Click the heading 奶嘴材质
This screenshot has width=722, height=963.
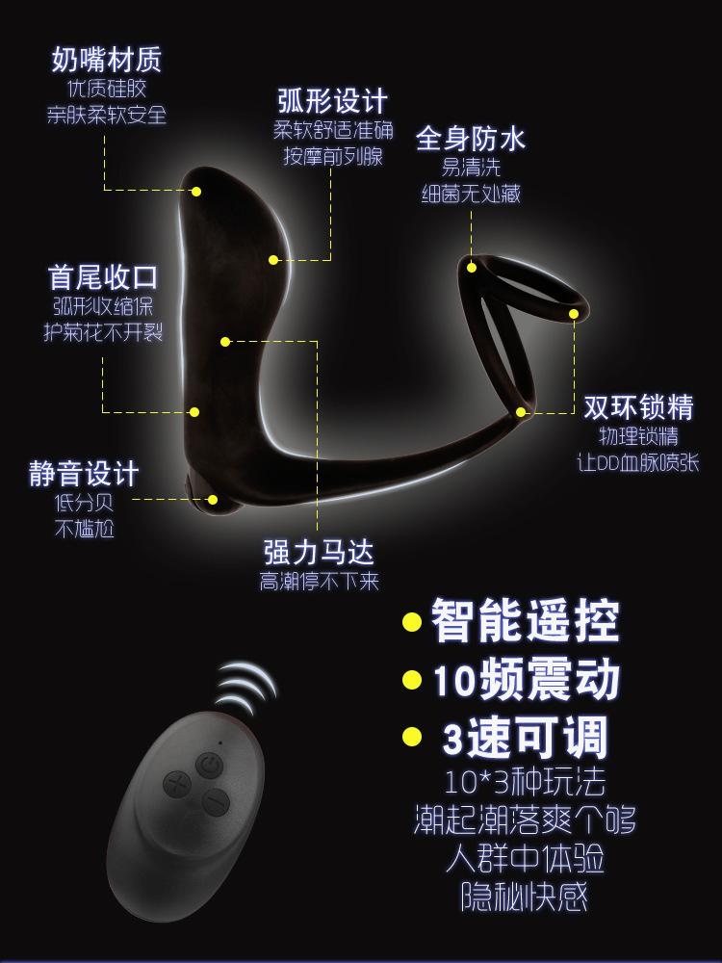106,60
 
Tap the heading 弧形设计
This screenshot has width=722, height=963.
331,100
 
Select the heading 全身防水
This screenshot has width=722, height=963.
471,139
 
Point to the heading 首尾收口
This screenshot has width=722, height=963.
104,277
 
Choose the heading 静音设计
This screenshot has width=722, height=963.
85,474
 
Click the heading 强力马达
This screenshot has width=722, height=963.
319,552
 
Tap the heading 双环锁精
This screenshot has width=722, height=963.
638,407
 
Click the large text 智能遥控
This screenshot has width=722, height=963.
524,622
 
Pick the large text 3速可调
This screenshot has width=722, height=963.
524,739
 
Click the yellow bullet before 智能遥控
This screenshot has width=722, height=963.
412,622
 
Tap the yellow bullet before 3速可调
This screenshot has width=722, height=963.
412,739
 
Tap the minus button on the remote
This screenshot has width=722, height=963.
216,802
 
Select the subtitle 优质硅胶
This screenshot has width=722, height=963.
106,90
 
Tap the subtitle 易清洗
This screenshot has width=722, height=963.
471,168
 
